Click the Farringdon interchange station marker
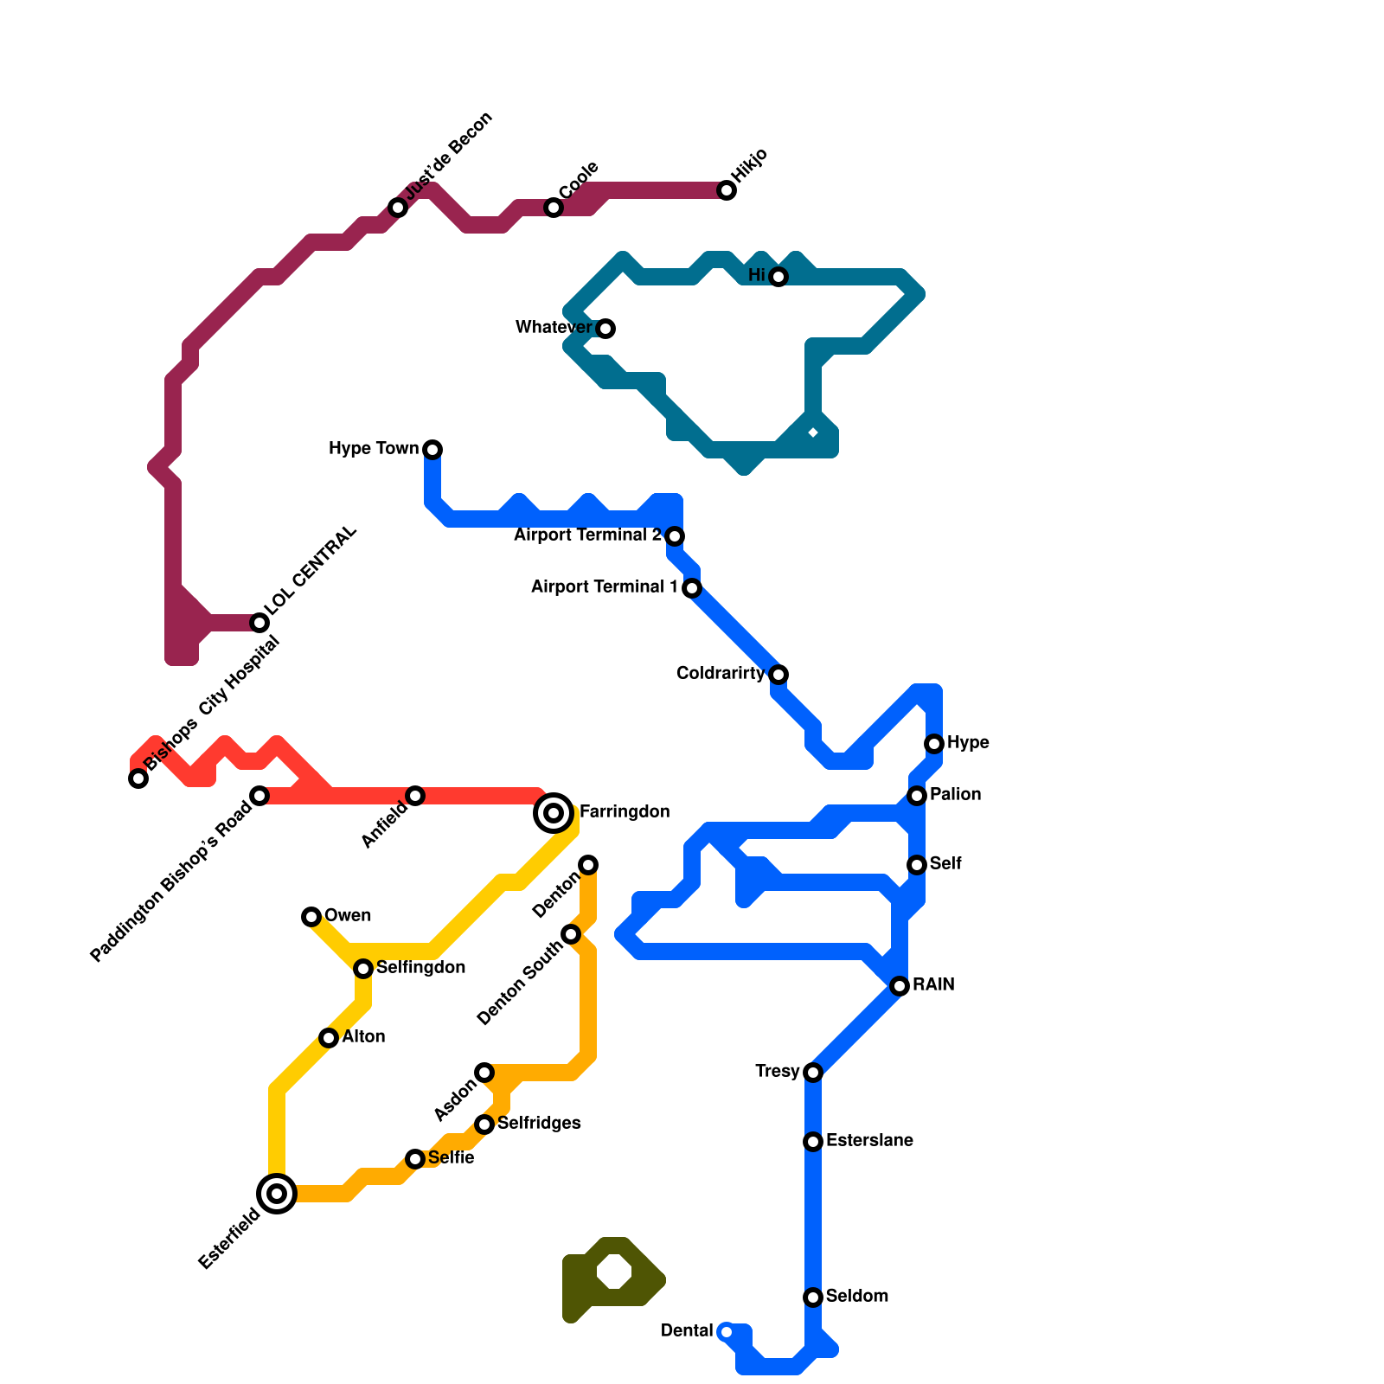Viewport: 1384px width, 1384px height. click(554, 813)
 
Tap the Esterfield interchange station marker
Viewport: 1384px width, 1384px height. click(277, 1194)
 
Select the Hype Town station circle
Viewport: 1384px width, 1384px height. click(433, 450)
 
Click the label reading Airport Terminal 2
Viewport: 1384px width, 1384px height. click(587, 535)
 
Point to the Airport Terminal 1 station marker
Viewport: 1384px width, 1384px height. click(692, 588)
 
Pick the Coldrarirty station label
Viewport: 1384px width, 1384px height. click(720, 674)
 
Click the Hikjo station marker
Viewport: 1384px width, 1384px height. click(727, 190)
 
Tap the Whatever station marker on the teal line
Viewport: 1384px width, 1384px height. click(606, 329)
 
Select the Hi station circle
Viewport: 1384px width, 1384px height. click(778, 277)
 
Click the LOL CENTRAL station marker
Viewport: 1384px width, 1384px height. click(259, 623)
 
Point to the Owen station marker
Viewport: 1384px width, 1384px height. click(311, 917)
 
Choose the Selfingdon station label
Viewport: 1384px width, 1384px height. click(420, 968)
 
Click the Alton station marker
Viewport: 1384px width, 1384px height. click(329, 1038)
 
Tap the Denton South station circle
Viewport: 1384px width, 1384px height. click(571, 934)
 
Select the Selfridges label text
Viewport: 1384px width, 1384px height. click(538, 1124)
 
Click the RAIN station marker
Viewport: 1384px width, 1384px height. click(900, 986)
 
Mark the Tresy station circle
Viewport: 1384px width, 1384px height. click(813, 1073)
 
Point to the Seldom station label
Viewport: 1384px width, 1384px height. click(856, 1297)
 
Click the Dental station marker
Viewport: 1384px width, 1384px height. click(727, 1332)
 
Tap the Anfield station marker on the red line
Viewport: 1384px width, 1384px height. click(415, 796)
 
